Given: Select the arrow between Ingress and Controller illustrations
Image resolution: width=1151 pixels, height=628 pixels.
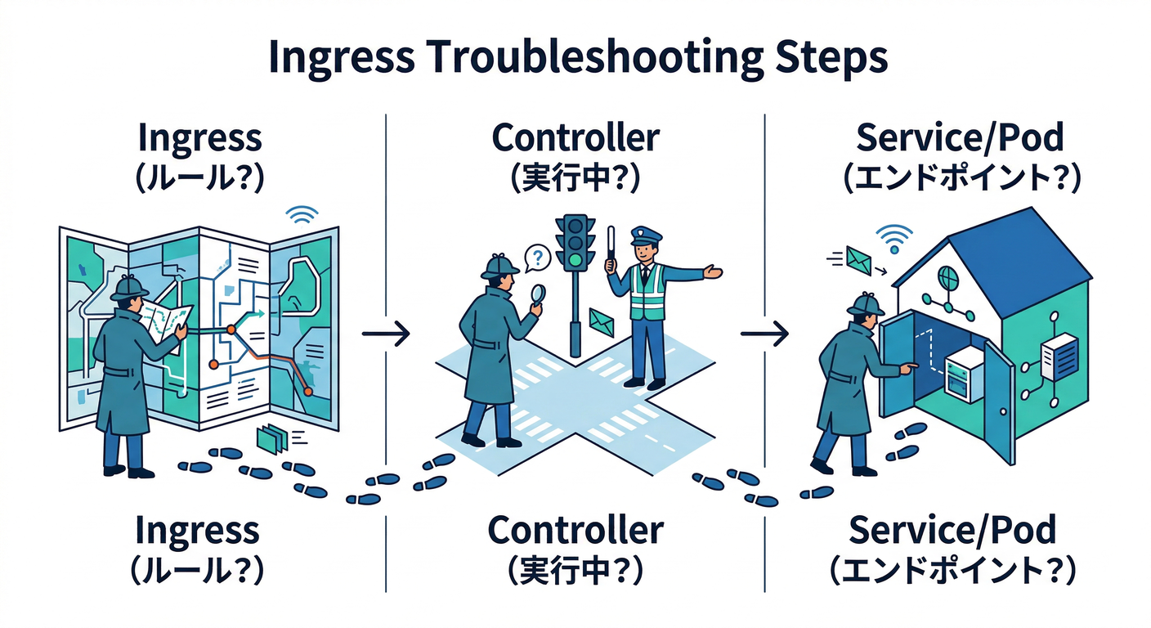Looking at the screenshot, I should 385,334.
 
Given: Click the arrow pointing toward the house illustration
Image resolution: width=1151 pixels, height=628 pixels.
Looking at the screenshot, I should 764,334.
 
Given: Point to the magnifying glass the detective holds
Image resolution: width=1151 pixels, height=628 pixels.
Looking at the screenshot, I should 537,295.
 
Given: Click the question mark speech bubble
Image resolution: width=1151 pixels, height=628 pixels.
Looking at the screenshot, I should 535,259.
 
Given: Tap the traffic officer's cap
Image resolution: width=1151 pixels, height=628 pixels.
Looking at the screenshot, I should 646,235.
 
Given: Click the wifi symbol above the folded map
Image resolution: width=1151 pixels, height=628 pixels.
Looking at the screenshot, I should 302,215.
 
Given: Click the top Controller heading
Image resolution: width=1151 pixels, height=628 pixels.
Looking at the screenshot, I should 575,137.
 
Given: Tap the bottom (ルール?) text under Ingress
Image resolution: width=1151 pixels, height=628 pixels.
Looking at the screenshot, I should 199,570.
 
